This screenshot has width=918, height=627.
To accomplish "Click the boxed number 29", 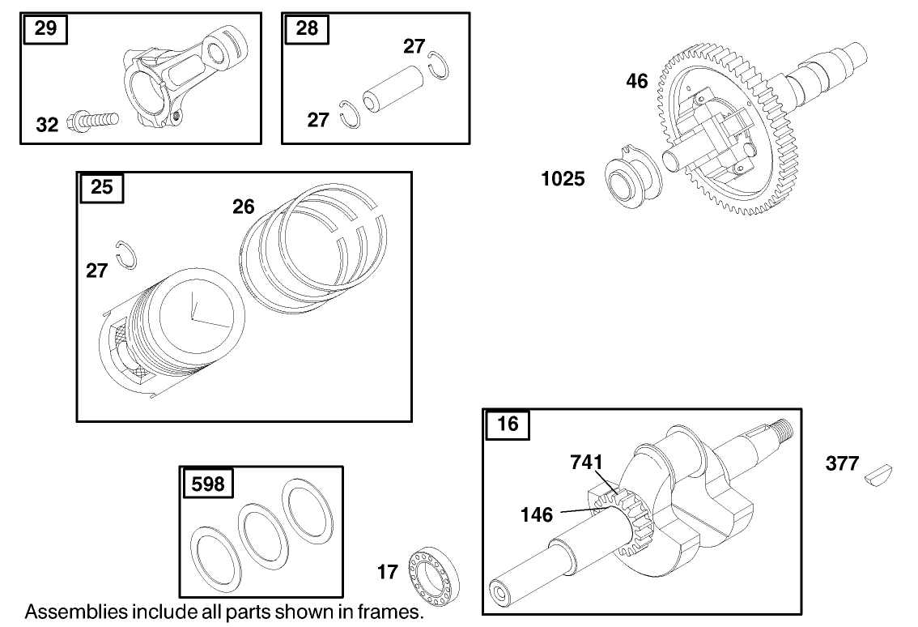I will click(46, 29).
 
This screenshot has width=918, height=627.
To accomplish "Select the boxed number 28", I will click(308, 29).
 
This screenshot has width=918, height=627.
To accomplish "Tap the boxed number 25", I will click(102, 188).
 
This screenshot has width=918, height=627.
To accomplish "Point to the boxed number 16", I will click(508, 425).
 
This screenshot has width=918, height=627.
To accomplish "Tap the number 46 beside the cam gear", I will click(637, 81).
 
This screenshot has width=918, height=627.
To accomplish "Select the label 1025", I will click(563, 179).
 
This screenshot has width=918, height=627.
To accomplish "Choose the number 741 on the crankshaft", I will click(586, 462).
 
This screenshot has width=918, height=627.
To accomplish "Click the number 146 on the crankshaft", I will click(537, 514).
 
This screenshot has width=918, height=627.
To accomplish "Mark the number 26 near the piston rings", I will click(244, 207).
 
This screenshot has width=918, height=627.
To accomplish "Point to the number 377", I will click(842, 464).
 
